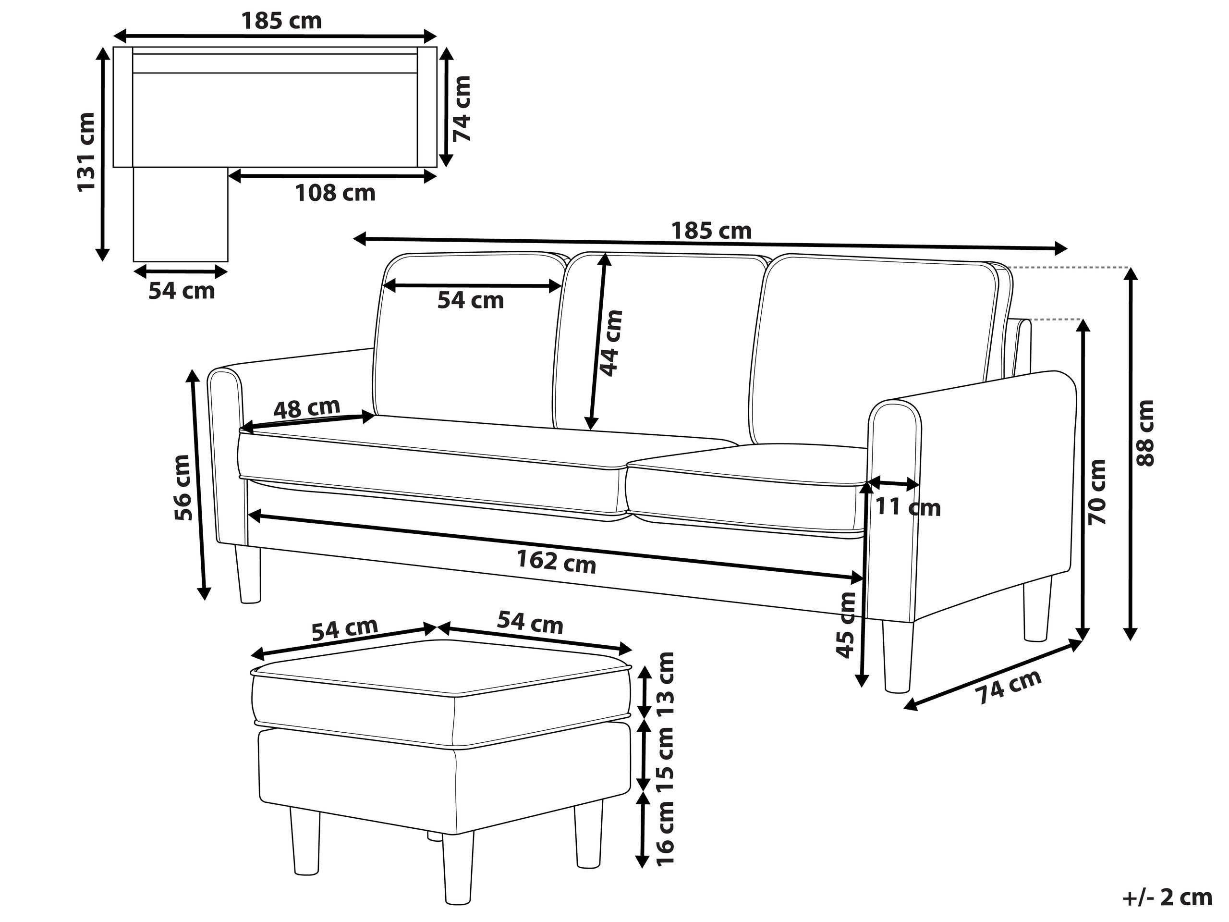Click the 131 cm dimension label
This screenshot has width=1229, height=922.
(x=86, y=152)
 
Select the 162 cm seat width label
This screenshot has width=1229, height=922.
(x=556, y=561)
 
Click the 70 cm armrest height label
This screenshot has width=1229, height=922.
(x=1098, y=492)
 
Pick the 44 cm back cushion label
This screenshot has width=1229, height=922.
(x=611, y=343)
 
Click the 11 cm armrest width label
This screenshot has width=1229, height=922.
(x=908, y=507)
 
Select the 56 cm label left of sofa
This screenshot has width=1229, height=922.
(x=183, y=487)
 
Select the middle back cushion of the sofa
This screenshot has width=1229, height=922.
(x=661, y=342)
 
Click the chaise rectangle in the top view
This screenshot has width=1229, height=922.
(x=181, y=214)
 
